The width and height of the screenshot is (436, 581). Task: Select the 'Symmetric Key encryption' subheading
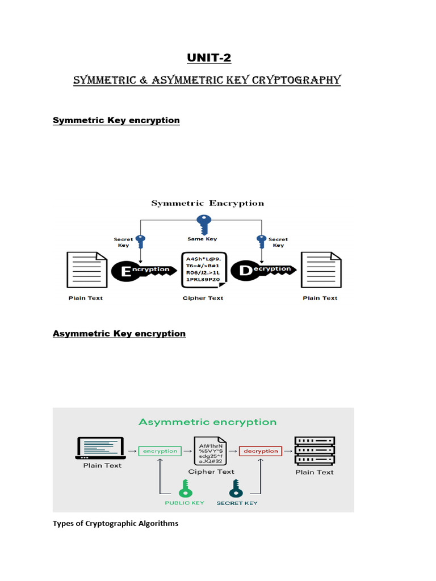click(116, 120)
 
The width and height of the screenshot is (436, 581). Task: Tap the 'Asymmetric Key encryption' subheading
click(119, 334)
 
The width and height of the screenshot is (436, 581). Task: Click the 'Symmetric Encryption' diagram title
click(207, 203)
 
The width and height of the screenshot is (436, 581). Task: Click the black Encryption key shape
click(142, 270)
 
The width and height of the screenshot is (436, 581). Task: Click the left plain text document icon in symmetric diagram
click(87, 271)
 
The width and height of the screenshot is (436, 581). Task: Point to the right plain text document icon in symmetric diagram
click(320, 271)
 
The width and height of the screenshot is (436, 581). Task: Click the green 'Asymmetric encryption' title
click(208, 422)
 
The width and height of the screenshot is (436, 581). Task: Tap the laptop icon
click(100, 448)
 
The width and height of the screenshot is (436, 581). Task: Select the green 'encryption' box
click(160, 451)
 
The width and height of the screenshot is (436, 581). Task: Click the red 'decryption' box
click(261, 451)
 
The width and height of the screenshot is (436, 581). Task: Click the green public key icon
click(185, 488)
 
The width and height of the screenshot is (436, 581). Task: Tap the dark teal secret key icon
click(236, 488)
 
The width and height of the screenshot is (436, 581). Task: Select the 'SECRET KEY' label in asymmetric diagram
click(237, 503)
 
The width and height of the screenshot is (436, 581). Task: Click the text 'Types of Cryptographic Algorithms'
click(115, 523)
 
